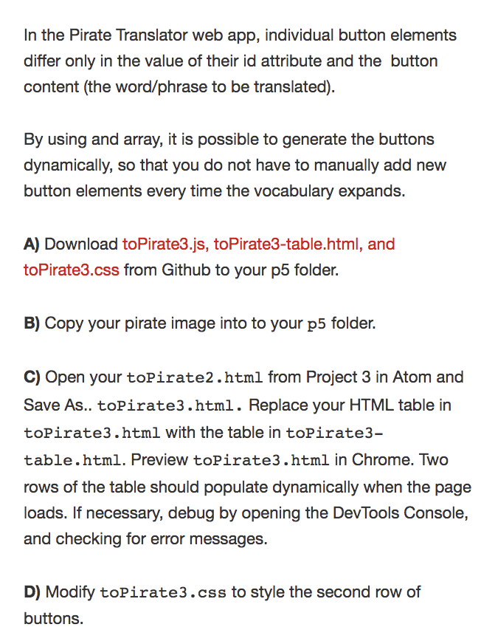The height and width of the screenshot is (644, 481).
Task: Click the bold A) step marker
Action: (32, 243)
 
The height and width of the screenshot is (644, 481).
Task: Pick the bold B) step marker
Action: (32, 323)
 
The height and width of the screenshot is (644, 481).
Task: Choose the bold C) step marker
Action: (32, 377)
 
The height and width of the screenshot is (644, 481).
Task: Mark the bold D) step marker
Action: (32, 592)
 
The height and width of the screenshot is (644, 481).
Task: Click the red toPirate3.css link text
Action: (71, 270)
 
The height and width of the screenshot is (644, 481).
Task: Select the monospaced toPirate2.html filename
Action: (195, 377)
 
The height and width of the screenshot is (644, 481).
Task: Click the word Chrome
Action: (378, 459)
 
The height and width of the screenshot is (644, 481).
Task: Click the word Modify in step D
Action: (70, 592)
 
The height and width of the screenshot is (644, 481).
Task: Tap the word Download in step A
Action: (81, 243)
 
